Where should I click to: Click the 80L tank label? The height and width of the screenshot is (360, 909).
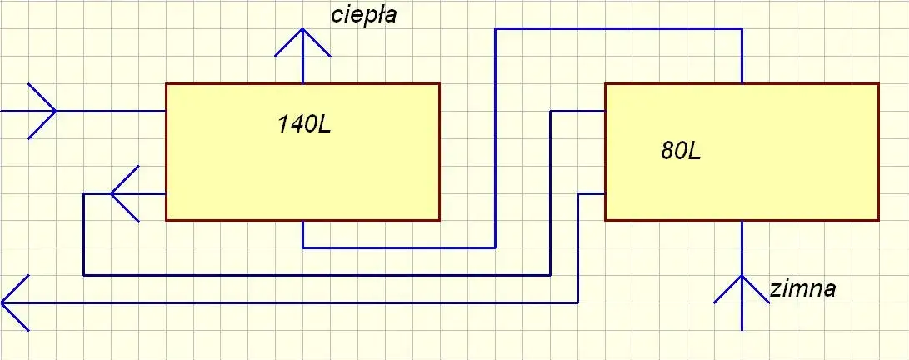pos(682,152)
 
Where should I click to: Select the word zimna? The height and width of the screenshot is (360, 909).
pos(802,289)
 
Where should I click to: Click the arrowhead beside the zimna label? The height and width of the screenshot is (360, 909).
pos(741,287)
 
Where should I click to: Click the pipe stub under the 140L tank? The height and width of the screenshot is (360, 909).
pos(302,234)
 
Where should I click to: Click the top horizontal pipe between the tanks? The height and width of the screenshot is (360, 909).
pos(617,29)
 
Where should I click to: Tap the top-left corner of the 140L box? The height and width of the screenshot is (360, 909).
pos(166,83)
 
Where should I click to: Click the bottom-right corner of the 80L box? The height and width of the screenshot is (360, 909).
pos(878,220)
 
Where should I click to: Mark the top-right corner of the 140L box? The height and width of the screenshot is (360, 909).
pos(439,83)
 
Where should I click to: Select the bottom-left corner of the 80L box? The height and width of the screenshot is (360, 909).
pos(605,220)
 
